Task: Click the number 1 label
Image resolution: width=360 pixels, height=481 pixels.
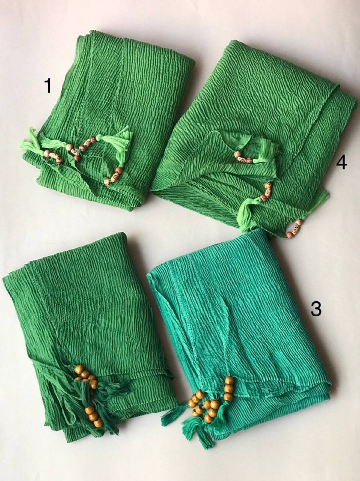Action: [48, 85]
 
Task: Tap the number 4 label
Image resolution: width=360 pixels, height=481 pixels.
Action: [341, 162]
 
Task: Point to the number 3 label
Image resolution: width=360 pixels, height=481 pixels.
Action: [316, 308]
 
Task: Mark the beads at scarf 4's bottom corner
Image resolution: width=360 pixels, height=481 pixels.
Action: [294, 228]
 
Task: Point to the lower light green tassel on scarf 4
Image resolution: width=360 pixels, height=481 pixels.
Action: [247, 214]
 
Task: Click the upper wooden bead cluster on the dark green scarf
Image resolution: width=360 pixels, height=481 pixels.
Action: [86, 376]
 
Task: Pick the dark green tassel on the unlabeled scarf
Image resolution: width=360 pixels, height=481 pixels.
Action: [101, 405]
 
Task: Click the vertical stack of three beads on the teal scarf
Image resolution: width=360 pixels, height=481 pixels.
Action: [229, 389]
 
